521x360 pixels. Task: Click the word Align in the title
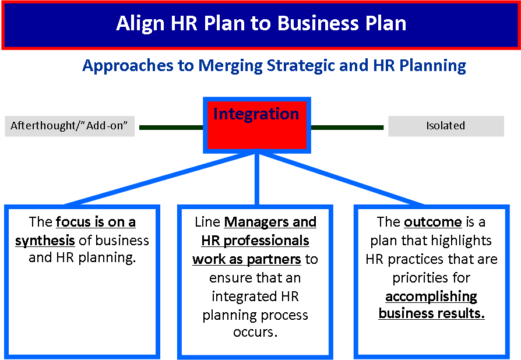[x=140, y=23]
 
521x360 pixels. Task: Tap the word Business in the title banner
[x=309, y=23]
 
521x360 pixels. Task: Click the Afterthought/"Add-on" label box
[x=70, y=126]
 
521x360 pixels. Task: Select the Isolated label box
[x=445, y=126]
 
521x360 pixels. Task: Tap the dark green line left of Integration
[x=171, y=126]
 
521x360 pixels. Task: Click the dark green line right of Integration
[x=347, y=126]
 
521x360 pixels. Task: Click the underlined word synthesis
[x=45, y=241]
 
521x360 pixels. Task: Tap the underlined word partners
[x=276, y=259]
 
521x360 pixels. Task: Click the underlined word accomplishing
[x=431, y=297]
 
